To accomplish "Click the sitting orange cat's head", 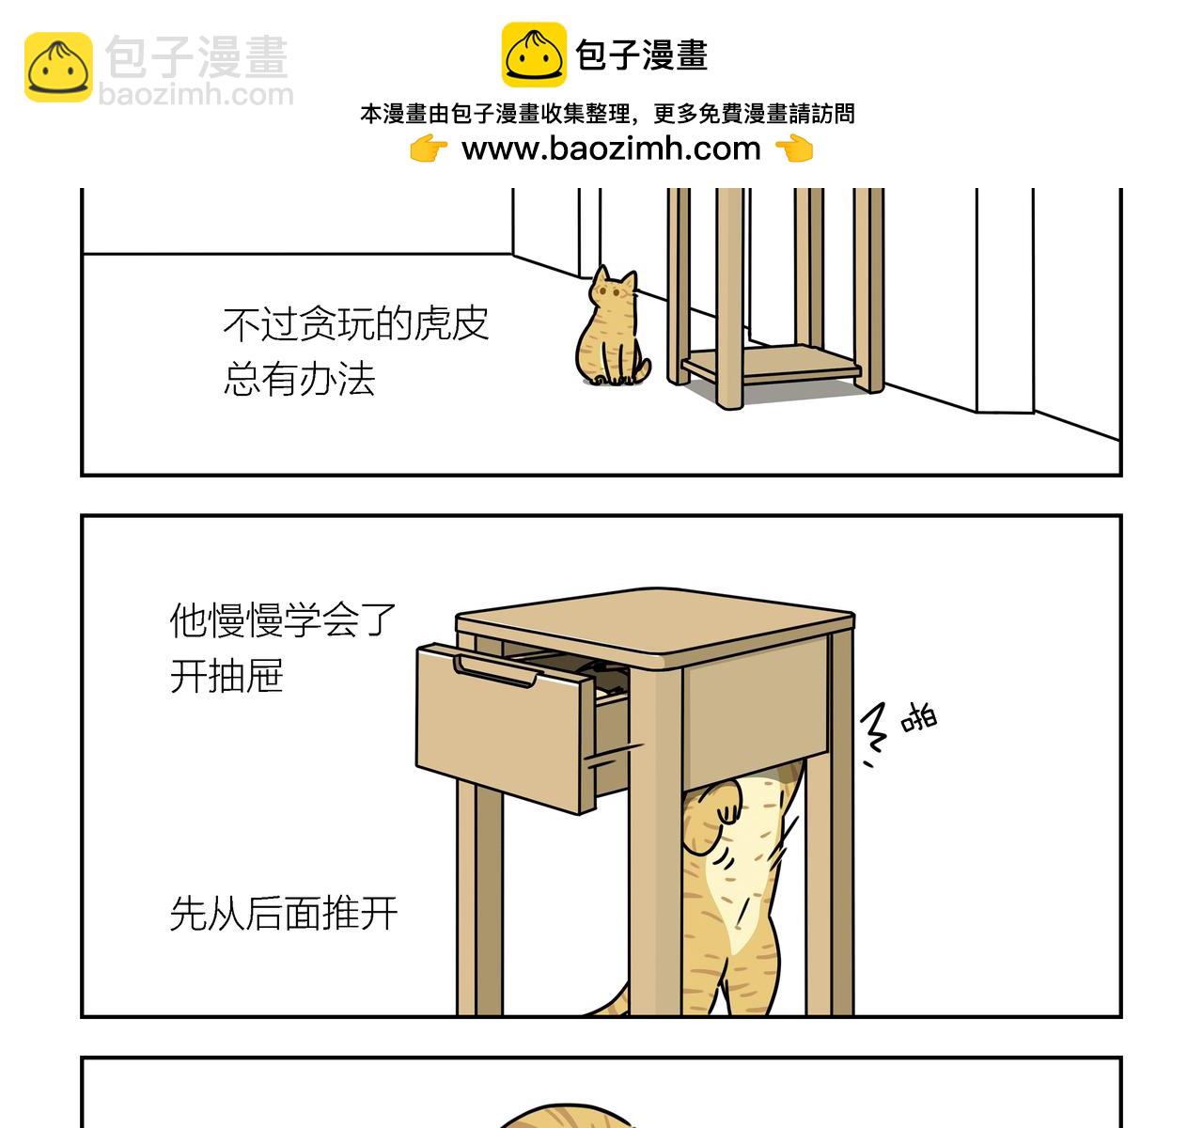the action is point(614,291).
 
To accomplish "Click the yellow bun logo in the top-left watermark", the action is point(58,67).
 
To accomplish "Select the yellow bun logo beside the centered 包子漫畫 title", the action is point(534,55).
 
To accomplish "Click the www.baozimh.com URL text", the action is point(611,149).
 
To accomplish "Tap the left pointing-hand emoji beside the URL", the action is point(429,149).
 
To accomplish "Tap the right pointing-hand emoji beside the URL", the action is point(794,149).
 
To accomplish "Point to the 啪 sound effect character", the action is point(918,718).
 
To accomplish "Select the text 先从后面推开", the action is point(284,914).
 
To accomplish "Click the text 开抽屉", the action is point(227,676).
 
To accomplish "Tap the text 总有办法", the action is point(299,379).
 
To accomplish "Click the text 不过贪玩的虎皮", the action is point(355,323).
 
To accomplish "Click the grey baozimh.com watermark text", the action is point(195,95).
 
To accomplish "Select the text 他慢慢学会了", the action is point(282,619).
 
